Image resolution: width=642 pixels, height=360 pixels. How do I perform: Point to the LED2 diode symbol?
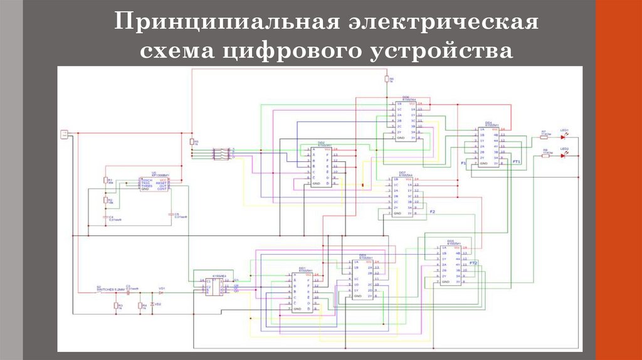click(562, 154)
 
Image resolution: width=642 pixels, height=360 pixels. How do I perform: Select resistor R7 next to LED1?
click(544, 137)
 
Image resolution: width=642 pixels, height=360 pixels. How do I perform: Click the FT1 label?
click(517, 162)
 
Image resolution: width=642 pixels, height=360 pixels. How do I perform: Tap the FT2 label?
click(474, 263)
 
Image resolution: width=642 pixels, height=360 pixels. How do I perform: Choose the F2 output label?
click(432, 211)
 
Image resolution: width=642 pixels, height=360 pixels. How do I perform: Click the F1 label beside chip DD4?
click(464, 163)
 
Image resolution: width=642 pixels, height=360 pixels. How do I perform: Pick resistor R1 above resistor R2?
click(105, 181)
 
